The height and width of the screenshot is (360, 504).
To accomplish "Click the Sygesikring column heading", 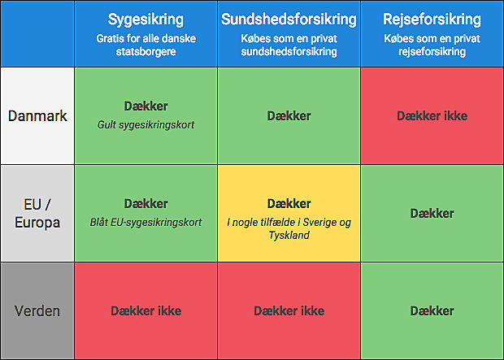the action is click(146, 20).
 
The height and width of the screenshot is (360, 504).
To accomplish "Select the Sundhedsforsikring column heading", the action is click(289, 20).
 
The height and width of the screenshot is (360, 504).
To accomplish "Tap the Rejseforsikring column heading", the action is click(432, 20).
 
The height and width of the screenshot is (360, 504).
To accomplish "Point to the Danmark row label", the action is click(37, 115).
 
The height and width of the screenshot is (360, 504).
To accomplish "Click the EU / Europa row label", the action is click(37, 213).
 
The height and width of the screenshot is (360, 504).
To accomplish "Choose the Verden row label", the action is click(37, 310).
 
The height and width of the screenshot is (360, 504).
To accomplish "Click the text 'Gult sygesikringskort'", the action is click(146, 124).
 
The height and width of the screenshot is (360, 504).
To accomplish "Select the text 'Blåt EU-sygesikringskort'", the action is click(146, 222).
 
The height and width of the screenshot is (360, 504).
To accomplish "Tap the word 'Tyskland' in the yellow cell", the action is click(289, 236).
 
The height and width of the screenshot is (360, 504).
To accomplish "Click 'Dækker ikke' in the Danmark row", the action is click(432, 115).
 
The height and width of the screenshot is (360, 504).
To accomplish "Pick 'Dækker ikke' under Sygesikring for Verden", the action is click(146, 310).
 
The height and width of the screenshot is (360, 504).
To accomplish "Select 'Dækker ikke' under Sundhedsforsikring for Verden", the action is click(289, 310).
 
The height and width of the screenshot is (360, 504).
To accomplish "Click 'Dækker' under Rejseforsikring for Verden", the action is click(432, 310).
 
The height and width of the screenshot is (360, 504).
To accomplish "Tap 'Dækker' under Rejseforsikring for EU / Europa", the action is click(432, 213).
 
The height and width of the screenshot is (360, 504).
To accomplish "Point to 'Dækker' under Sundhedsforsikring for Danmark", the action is click(289, 115).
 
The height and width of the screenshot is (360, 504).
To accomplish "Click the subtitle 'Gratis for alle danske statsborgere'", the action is click(146, 45).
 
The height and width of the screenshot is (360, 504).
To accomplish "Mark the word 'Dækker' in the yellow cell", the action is click(289, 203).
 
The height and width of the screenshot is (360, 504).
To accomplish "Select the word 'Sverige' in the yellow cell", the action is click(317, 222).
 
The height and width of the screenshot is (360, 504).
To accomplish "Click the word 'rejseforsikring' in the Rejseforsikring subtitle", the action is click(432, 51).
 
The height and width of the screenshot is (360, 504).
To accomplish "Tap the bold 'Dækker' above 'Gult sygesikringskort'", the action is click(146, 106).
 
